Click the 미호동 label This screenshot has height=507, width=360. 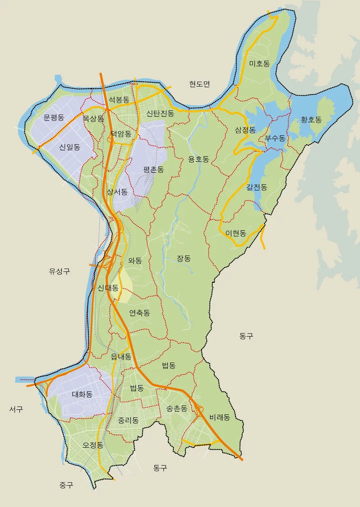point(259,64)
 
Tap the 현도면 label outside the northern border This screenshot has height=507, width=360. point(200,84)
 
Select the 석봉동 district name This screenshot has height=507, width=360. point(119,100)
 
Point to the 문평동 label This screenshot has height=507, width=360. point(54,118)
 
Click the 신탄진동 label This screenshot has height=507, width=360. point(160,113)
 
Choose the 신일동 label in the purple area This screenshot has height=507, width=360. point(69,147)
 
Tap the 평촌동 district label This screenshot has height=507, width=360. point(153,169)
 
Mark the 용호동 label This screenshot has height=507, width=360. point(199,159)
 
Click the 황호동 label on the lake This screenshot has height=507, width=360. point(311,120)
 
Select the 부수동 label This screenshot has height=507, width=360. point(275,138)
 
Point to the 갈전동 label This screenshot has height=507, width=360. point(257,187)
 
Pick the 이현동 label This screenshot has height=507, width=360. point(236,233)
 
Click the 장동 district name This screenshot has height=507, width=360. point(184,259)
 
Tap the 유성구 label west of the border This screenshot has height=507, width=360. point(59,271)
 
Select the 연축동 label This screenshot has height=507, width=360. point(139,313)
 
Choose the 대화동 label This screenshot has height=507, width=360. point(82,394)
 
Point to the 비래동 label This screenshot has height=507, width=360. point(220,417)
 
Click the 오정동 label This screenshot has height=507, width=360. point(93,445)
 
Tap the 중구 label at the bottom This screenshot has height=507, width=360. point(66,485)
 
